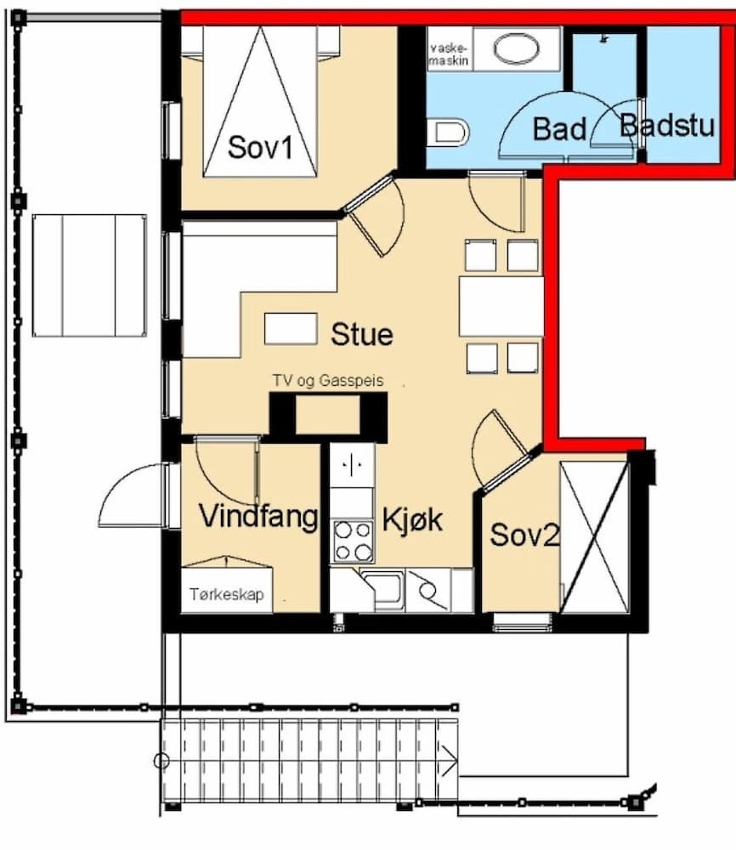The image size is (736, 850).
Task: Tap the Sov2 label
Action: pos(524,535)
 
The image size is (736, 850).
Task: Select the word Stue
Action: pos(362,334)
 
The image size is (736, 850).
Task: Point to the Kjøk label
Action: pos(412,518)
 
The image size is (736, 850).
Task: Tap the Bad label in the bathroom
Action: pos(559,129)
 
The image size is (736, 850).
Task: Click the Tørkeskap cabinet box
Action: pos(226,595)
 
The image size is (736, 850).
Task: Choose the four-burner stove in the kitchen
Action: pos(353,541)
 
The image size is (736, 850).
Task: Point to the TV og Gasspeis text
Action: pos(327,382)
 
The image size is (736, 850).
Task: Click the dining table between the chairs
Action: pos(501,306)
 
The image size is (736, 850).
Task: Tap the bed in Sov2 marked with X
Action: pos(594,537)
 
